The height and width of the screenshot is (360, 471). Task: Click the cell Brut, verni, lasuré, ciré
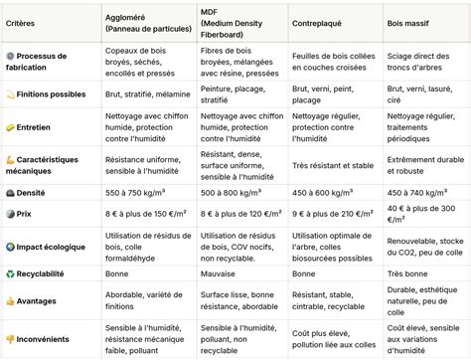(x=423, y=95)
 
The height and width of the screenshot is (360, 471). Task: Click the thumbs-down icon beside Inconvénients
(x=10, y=337)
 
